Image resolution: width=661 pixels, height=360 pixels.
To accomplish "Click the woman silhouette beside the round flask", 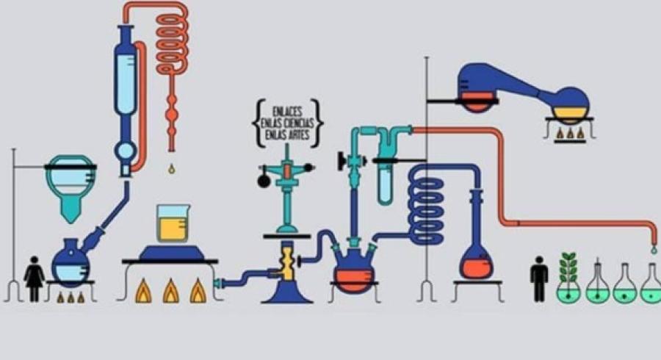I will tap(35, 278).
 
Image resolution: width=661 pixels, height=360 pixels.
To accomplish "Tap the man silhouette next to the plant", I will tap(539, 278).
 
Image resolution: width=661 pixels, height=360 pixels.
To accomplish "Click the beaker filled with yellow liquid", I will tap(171, 223).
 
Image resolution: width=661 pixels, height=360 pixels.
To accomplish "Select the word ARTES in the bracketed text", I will tap(300, 135).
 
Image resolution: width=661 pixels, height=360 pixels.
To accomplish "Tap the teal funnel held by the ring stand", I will tap(69, 188).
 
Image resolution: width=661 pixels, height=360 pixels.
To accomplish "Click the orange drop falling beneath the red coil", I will tap(171, 168).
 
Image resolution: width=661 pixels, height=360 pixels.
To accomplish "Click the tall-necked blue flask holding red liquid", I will tap(475, 253).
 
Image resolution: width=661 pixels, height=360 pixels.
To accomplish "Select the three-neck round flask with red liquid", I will tap(354, 272).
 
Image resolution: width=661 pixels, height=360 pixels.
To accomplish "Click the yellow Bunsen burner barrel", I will tap(286, 262).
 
